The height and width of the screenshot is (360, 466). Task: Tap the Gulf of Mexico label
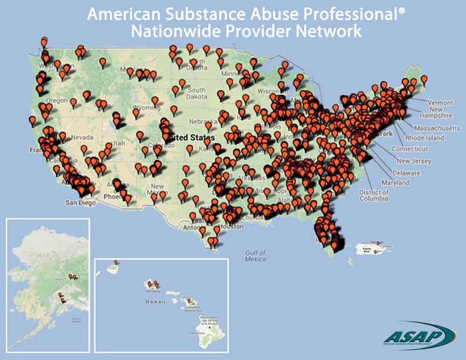(x=256, y=255)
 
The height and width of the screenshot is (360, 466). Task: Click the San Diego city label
(x=79, y=204)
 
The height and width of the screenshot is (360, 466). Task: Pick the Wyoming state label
(x=146, y=108)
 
